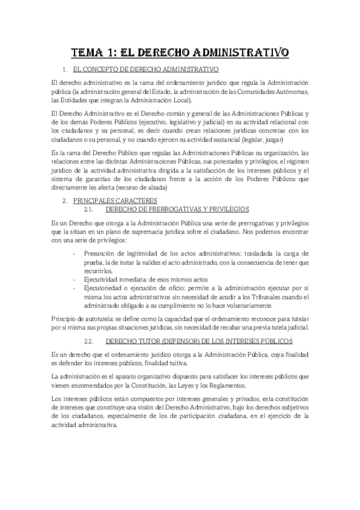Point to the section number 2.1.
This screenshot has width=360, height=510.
tap(92, 208)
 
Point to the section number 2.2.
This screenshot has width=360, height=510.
tap(92, 340)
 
